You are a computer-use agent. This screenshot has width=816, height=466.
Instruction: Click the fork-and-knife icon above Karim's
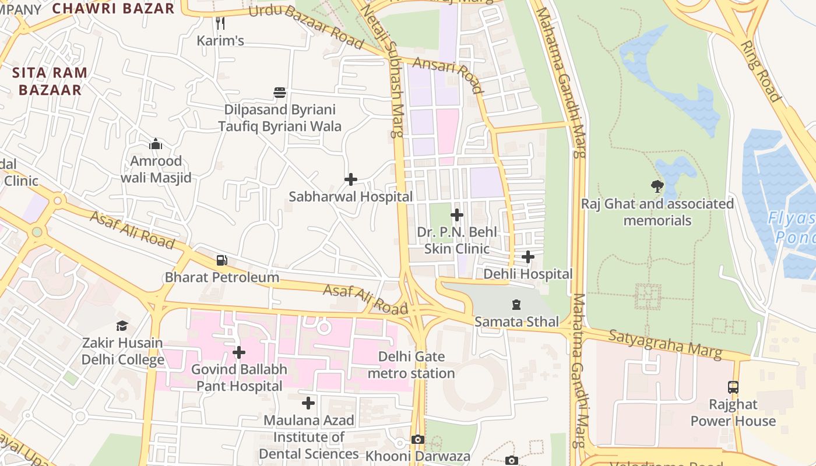pos(220,23)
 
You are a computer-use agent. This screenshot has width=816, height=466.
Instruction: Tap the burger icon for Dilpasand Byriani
pos(280,93)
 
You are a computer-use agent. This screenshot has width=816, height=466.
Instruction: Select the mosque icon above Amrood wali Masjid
pos(156,144)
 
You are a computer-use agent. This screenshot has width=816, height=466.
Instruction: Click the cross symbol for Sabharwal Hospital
pos(351,179)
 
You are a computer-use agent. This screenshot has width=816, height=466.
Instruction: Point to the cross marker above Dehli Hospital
pos(528,257)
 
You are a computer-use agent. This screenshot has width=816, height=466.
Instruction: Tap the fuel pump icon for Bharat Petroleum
pos(221,260)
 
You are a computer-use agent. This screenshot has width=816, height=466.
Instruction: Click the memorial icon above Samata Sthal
pos(516,304)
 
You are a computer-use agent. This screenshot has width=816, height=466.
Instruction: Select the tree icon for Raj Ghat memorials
pos(657,186)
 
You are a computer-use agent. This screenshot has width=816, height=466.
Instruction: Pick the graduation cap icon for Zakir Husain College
pos(122,326)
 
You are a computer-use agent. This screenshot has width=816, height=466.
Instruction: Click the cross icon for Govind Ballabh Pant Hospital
pos(239,352)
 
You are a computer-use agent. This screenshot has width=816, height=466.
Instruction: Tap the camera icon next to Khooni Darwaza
pos(418,439)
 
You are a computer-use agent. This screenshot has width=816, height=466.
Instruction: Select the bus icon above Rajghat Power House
pos(733,387)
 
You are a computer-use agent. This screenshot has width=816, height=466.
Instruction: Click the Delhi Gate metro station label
pos(411,365)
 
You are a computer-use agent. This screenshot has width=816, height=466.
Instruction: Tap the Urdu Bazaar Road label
pos(307,26)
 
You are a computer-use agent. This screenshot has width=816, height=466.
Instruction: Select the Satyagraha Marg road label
pos(665,344)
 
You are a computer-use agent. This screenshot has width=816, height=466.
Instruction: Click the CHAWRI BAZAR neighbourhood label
pos(113,8)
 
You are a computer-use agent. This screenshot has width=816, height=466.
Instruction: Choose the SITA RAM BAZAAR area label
pos(50,82)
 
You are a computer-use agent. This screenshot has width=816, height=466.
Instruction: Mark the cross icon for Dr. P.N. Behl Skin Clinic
pos(457,216)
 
